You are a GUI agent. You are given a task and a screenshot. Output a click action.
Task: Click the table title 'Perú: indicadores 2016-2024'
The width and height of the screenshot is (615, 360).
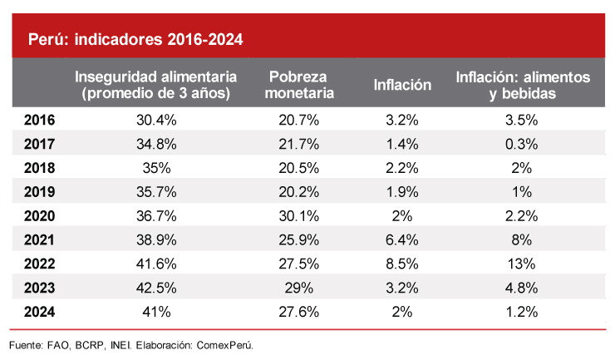point(135,39)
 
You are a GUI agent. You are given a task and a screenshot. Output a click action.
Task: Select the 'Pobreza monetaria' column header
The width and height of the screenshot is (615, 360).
point(302,85)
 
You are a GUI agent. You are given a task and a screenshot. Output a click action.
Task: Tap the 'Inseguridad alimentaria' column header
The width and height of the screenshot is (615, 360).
point(156,85)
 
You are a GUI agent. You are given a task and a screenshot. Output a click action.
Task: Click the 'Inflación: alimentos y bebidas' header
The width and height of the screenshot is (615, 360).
point(523,85)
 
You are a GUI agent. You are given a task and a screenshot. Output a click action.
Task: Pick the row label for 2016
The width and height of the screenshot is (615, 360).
point(40,120)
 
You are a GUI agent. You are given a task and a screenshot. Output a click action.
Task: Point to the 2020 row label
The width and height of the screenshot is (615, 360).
point(40,216)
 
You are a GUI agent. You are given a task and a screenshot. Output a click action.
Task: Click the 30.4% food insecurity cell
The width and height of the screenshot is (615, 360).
point(156,120)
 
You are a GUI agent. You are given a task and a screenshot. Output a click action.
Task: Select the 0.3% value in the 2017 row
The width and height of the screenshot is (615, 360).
point(523,144)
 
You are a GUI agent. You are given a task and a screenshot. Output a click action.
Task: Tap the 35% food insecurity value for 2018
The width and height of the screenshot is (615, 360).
point(156,168)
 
